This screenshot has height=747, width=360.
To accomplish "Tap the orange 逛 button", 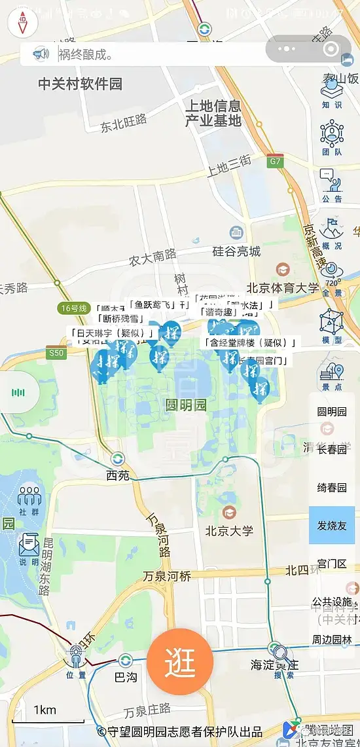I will click(180, 663).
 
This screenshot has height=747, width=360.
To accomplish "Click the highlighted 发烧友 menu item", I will click(332, 525).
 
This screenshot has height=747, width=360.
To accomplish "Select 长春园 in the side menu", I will click(332, 449).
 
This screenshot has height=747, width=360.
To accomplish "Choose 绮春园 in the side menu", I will click(332, 487).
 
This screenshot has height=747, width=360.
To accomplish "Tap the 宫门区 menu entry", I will click(332, 564).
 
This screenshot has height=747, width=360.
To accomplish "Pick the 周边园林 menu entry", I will click(332, 640).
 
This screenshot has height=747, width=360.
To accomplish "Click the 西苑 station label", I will click(118, 475).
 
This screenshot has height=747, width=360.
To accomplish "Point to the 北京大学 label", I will click(229, 530).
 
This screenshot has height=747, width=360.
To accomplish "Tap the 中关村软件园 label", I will click(80, 84).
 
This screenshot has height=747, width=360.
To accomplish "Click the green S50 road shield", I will click(57, 353).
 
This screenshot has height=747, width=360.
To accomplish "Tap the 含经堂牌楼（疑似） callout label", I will click(250, 342).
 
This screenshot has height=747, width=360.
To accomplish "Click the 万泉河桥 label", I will click(167, 576).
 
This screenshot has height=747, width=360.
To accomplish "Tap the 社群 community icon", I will click(29, 500).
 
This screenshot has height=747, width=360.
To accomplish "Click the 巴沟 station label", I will click(125, 676).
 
